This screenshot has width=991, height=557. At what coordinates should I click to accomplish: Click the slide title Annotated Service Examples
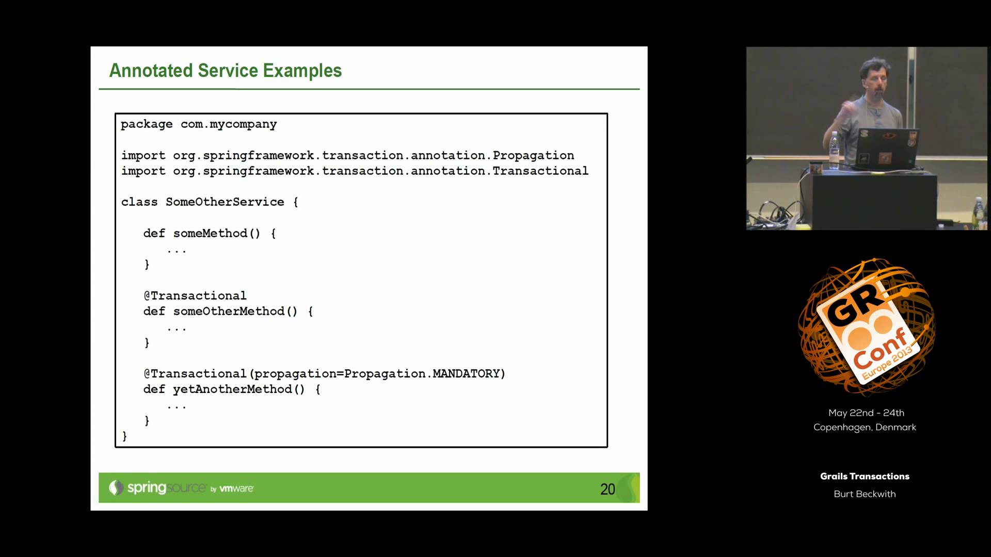226,71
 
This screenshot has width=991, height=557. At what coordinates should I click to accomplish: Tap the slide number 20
608,489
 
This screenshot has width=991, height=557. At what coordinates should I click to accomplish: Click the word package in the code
147,124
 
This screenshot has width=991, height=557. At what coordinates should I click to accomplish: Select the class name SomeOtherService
225,202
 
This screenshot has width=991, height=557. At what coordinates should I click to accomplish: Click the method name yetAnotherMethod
232,389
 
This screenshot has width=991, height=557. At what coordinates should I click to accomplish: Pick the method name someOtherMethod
229,312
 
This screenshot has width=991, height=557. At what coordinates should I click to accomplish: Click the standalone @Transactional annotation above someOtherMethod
195,296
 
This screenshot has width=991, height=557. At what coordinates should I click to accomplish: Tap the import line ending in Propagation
347,155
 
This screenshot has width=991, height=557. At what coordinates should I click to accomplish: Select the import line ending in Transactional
355,171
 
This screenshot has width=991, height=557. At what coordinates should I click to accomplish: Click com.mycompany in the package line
229,124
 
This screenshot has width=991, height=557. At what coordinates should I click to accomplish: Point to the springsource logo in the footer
157,487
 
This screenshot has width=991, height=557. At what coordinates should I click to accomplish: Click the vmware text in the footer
236,488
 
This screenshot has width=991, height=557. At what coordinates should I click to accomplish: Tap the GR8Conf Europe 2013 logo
867,327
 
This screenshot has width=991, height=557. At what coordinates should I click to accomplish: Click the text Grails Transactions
865,476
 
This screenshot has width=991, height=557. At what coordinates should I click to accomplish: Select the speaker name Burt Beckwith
865,494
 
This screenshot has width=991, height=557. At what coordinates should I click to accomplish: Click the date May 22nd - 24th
866,413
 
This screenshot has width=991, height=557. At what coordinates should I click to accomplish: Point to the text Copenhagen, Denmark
865,427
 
